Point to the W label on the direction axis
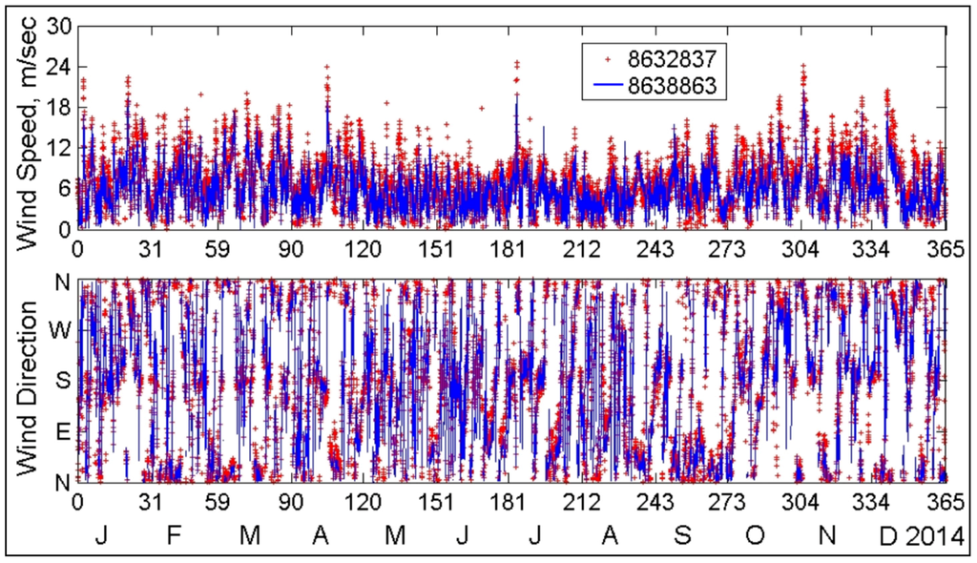(59, 330)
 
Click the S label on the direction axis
(61, 380)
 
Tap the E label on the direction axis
(61, 431)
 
